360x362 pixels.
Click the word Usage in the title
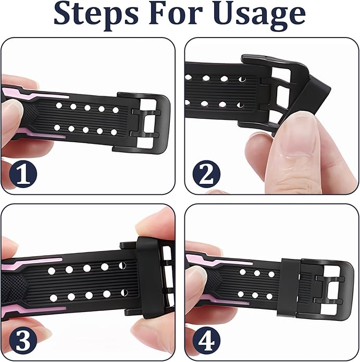259,15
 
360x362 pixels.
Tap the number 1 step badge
23,174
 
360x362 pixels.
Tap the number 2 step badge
206,174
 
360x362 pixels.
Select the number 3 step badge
23,340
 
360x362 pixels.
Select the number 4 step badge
206,340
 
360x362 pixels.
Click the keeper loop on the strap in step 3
148,277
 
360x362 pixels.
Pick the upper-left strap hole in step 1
59,106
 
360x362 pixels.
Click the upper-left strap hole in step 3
51,271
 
